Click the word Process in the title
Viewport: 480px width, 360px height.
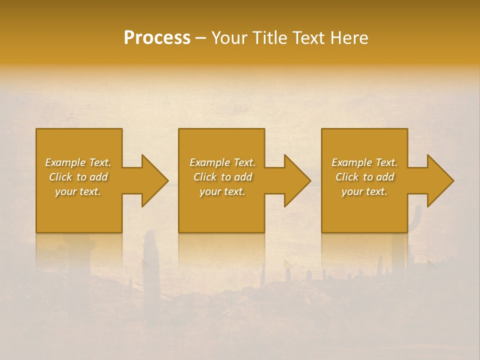[x=157, y=38]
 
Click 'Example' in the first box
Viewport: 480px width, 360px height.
[x=65, y=162]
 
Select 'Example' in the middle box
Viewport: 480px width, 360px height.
[x=210, y=162]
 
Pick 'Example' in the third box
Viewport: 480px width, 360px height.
[x=352, y=162]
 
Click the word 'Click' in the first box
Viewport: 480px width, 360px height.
[x=60, y=177]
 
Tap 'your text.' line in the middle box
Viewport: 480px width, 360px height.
[x=222, y=191]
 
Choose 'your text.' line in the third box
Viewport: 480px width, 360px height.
[x=364, y=191]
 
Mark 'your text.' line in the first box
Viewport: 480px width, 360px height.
[x=77, y=191]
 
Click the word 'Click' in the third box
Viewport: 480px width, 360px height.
[x=347, y=177]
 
